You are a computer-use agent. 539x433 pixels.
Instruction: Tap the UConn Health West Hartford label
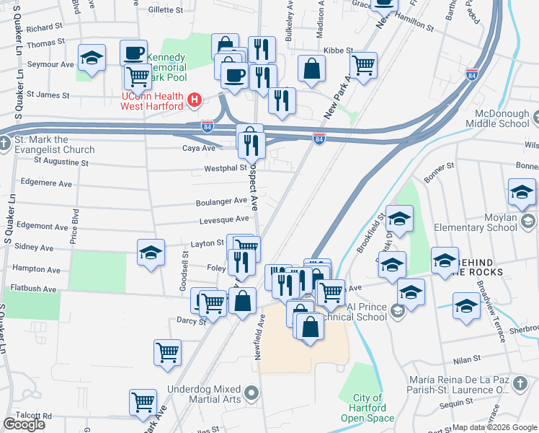point(152,101)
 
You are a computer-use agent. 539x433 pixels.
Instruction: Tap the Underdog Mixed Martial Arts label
point(205,394)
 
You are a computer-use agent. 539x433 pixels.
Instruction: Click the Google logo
point(24,424)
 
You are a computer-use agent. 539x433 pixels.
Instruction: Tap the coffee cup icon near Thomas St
point(133,53)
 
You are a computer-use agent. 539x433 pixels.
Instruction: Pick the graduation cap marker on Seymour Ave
point(92,58)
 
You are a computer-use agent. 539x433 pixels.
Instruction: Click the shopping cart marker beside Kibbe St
point(364,65)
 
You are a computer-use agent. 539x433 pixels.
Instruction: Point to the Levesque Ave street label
point(224,219)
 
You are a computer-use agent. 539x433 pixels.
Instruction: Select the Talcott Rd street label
point(27,416)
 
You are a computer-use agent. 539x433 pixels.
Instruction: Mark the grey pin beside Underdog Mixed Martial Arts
point(251,394)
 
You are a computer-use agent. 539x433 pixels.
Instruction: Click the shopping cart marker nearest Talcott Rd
point(143,402)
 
